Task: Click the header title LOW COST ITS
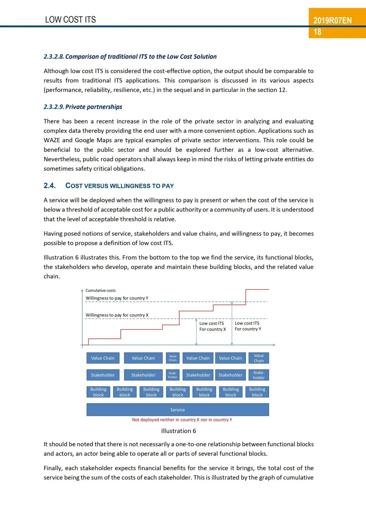pos(70,20)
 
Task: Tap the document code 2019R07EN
pos(332,20)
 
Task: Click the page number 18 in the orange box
pos(318,32)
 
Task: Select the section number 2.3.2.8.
pos(54,57)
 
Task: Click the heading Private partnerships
pos(94,107)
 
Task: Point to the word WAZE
pos(52,140)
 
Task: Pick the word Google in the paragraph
pos(85,140)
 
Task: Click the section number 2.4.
pos(49,186)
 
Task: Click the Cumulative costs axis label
pos(101,290)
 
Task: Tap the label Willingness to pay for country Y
pos(117,298)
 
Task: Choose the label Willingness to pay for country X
pos(117,315)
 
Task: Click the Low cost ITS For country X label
pos(212,326)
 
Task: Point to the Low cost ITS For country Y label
pos(248,326)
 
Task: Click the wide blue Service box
pos(178,410)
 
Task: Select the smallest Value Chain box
pos(173,358)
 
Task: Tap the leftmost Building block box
pos(98,392)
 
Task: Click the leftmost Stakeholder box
pos(103,375)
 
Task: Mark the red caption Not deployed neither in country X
pos(182,420)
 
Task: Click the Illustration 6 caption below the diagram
pos(179,431)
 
